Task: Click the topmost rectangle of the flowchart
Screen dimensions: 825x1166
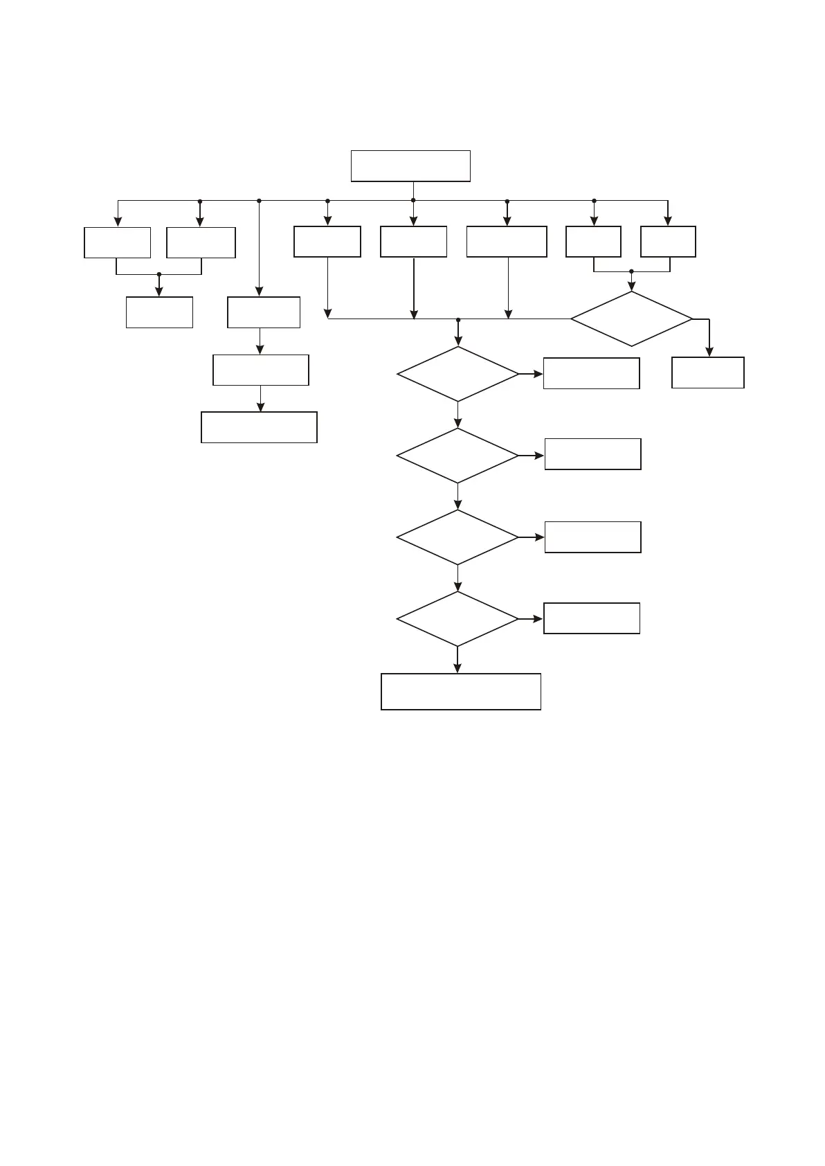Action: tap(410, 166)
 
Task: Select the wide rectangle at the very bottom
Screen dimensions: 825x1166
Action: tap(460, 691)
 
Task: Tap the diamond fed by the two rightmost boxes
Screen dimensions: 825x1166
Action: tap(631, 319)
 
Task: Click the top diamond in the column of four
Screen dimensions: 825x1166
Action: tap(457, 374)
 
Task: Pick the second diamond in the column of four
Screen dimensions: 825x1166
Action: tap(457, 456)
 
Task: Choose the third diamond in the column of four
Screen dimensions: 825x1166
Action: tap(457, 537)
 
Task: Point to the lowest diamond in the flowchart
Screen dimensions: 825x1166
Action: tap(457, 618)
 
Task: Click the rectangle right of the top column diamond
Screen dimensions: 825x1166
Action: tap(591, 373)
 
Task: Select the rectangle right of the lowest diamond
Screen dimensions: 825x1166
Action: tap(592, 618)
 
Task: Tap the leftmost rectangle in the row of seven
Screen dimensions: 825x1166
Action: tap(117, 242)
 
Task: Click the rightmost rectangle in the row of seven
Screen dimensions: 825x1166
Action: tap(668, 242)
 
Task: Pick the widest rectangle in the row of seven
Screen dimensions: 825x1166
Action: tap(507, 242)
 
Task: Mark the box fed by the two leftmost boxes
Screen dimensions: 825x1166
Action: tap(159, 312)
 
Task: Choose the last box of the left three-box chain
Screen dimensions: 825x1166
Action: tap(259, 427)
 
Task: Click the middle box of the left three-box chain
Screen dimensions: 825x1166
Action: tap(260, 370)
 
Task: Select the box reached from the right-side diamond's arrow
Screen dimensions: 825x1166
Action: tap(708, 373)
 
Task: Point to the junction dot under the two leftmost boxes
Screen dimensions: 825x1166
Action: tap(159, 274)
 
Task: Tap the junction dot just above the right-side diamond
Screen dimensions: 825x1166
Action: tap(631, 271)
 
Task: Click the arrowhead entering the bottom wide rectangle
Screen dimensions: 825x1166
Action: tap(457, 668)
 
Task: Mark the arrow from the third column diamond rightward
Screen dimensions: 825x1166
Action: tap(532, 537)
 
